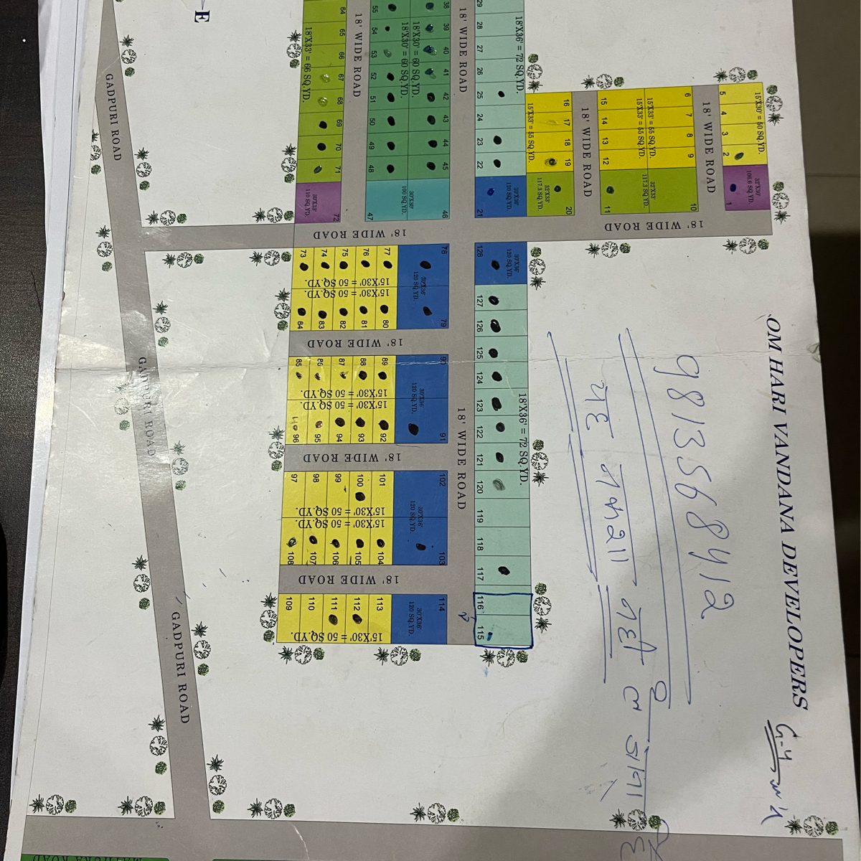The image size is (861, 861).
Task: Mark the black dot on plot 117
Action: coord(504,571)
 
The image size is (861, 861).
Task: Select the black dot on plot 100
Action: coord(360,496)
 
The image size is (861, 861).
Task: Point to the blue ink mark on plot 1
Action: coord(733,188)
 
